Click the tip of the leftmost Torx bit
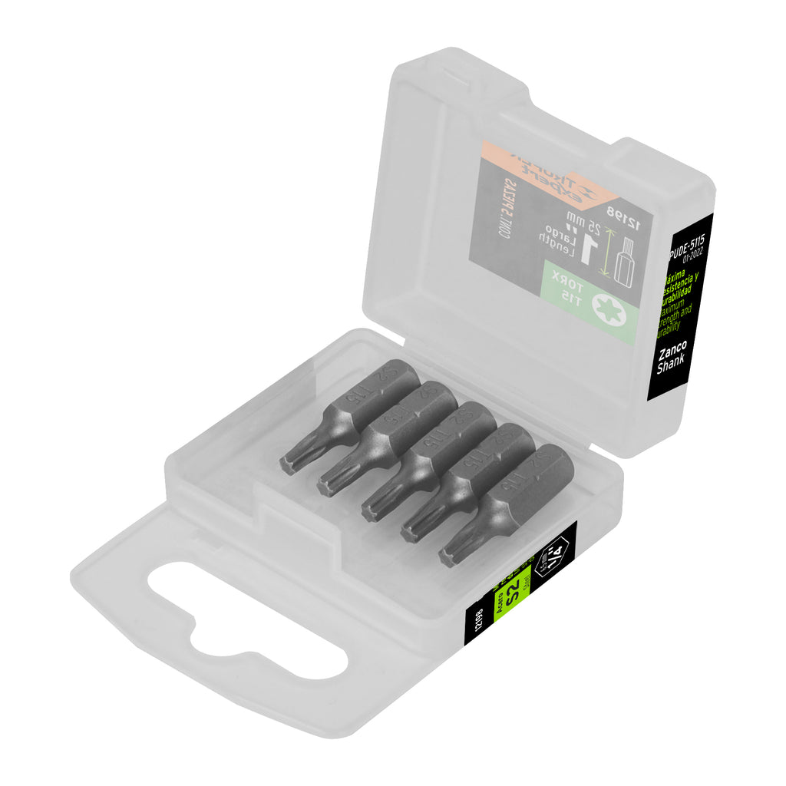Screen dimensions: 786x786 (289, 464)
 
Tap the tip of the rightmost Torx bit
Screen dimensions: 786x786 (448, 557)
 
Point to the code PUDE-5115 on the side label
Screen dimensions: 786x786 (687, 245)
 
